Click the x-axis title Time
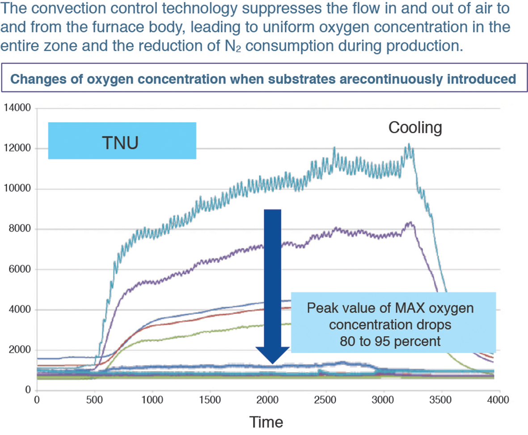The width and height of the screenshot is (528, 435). pyautogui.click(x=266, y=422)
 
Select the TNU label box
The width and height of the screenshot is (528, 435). pyautogui.click(x=122, y=140)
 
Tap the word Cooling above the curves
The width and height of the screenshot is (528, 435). pyautogui.click(x=415, y=128)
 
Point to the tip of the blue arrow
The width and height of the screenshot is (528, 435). pyautogui.click(x=272, y=362)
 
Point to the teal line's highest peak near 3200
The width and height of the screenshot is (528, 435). pyautogui.click(x=408, y=144)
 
